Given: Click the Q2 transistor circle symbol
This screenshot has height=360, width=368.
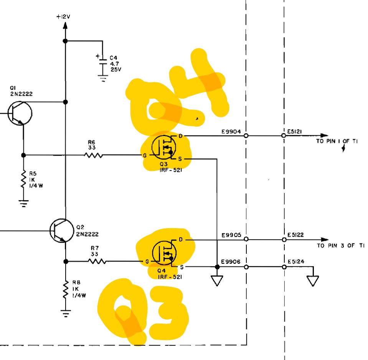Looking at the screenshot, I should coord(61,230).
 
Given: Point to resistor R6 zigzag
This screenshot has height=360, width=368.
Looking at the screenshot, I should coord(92,155).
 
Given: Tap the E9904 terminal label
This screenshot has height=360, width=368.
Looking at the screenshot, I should coord(231,132).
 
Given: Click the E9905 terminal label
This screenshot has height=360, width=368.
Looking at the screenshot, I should coord(231,235).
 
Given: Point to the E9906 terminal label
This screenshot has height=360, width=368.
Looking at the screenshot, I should coord(231,262).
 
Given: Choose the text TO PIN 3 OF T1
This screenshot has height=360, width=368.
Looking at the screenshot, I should coord(340,245).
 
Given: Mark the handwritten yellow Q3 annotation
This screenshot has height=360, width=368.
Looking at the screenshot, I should coord(144,311).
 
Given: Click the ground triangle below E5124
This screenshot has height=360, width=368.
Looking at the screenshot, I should coord(313,281).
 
